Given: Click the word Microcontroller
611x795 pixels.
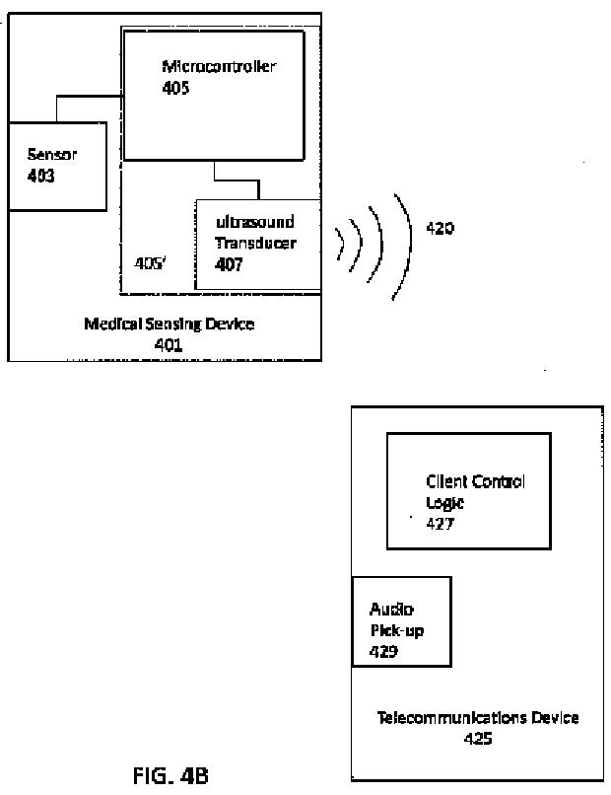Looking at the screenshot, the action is pyautogui.click(x=219, y=66).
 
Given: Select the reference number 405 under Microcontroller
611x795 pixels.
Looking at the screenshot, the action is pyautogui.click(x=175, y=88).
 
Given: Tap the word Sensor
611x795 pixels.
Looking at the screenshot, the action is pyautogui.click(x=51, y=154).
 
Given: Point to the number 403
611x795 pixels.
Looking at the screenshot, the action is pyautogui.click(x=41, y=176).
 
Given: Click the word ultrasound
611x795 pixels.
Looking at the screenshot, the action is pyautogui.click(x=255, y=222).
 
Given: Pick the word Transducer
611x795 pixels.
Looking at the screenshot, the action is pyautogui.click(x=256, y=243).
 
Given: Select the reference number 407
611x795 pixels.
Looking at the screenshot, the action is pyautogui.click(x=229, y=264).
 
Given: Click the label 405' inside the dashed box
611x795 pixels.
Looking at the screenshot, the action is pyautogui.click(x=150, y=263).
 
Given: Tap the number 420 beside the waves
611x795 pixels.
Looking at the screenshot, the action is pyautogui.click(x=440, y=228).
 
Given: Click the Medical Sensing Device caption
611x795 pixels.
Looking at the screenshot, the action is pyautogui.click(x=170, y=324).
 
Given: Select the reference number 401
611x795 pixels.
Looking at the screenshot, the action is pyautogui.click(x=169, y=345).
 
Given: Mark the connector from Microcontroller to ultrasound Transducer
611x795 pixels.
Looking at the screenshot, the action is pyautogui.click(x=237, y=180).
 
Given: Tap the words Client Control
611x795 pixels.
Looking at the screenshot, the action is pyautogui.click(x=475, y=481).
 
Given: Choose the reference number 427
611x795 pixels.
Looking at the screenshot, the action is pyautogui.click(x=440, y=524).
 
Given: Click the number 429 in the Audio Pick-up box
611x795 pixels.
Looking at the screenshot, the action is pyautogui.click(x=383, y=652).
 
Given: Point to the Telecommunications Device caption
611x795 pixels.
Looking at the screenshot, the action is pyautogui.click(x=478, y=717).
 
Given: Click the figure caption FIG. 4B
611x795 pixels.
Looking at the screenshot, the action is pyautogui.click(x=170, y=775).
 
